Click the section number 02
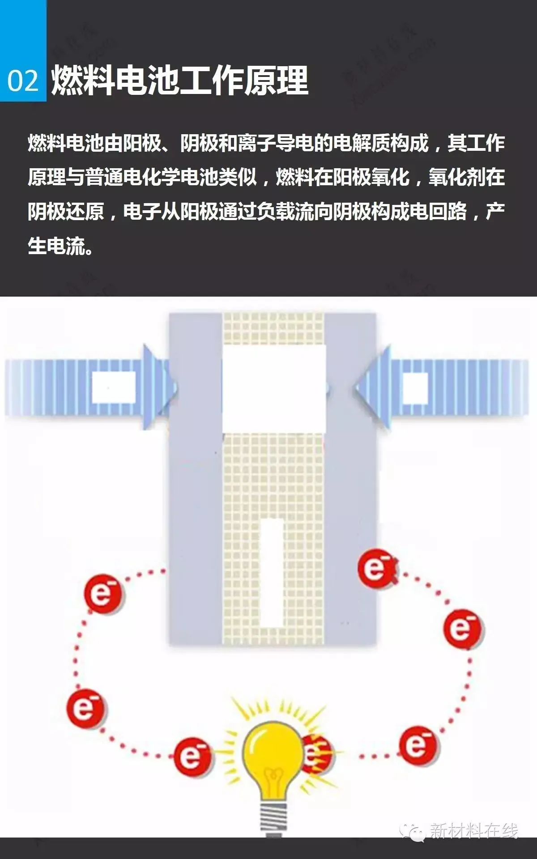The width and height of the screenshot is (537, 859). [x=23, y=81]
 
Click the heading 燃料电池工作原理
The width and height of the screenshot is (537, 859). [x=180, y=81]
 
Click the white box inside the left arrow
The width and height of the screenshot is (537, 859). [x=114, y=387]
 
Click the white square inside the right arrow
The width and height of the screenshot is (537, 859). [x=415, y=387]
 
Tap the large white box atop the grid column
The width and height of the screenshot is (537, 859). [x=274, y=389]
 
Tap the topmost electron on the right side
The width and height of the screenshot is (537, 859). [x=377, y=569]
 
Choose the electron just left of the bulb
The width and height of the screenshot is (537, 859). [x=193, y=756]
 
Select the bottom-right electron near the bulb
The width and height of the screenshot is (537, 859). [x=419, y=745]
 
